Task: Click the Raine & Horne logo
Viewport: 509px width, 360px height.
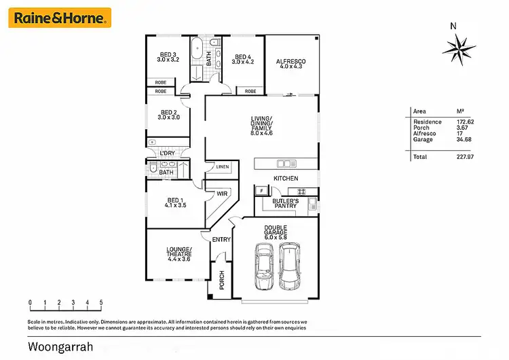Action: click(x=59, y=18)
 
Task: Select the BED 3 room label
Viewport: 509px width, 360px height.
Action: click(x=168, y=57)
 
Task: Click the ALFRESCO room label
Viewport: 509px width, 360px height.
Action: click(x=290, y=64)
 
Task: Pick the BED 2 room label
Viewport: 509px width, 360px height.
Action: click(x=168, y=115)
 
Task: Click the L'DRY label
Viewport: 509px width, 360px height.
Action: click(x=168, y=154)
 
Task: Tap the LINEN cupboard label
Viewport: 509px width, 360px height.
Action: click(x=223, y=167)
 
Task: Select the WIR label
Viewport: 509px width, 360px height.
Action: click(x=222, y=194)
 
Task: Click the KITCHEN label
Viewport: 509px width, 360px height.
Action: click(x=286, y=178)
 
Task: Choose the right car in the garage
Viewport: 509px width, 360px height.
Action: click(x=289, y=266)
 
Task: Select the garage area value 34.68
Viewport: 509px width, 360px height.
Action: click(x=465, y=139)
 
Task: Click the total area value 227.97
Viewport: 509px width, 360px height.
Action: click(x=465, y=157)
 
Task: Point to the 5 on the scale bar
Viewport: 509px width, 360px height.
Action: click(x=102, y=302)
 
